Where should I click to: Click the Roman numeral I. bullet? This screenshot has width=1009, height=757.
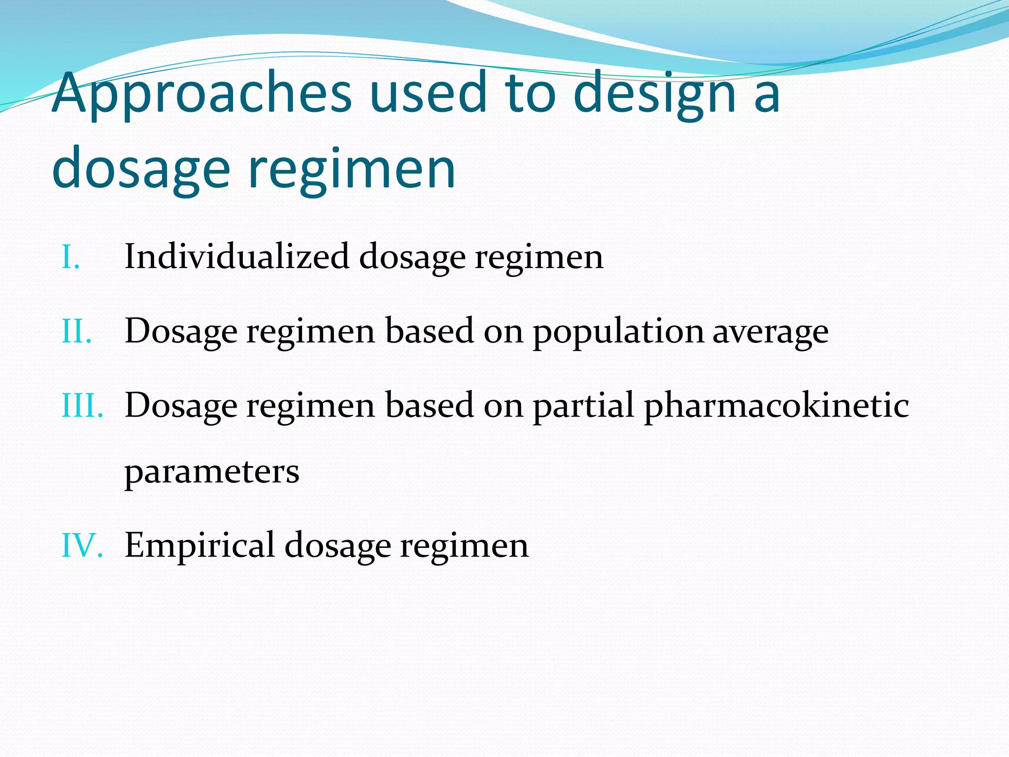pyautogui.click(x=70, y=257)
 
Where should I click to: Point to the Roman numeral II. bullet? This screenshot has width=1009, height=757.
pyautogui.click(x=76, y=331)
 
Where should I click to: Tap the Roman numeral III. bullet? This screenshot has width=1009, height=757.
pyautogui.click(x=82, y=406)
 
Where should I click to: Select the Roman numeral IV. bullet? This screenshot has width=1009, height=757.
pyautogui.click(x=82, y=546)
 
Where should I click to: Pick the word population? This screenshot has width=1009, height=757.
pyautogui.click(x=618, y=331)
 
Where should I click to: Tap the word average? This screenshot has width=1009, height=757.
pyautogui.click(x=771, y=331)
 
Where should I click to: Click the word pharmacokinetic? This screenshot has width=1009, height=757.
pyautogui.click(x=776, y=406)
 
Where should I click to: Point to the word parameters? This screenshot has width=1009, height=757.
pyautogui.click(x=212, y=472)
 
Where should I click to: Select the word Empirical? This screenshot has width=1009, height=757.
pyautogui.click(x=200, y=546)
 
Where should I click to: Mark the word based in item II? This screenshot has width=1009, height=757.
pyautogui.click(x=429, y=331)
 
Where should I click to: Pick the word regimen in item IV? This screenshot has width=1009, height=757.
pyautogui.click(x=464, y=546)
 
